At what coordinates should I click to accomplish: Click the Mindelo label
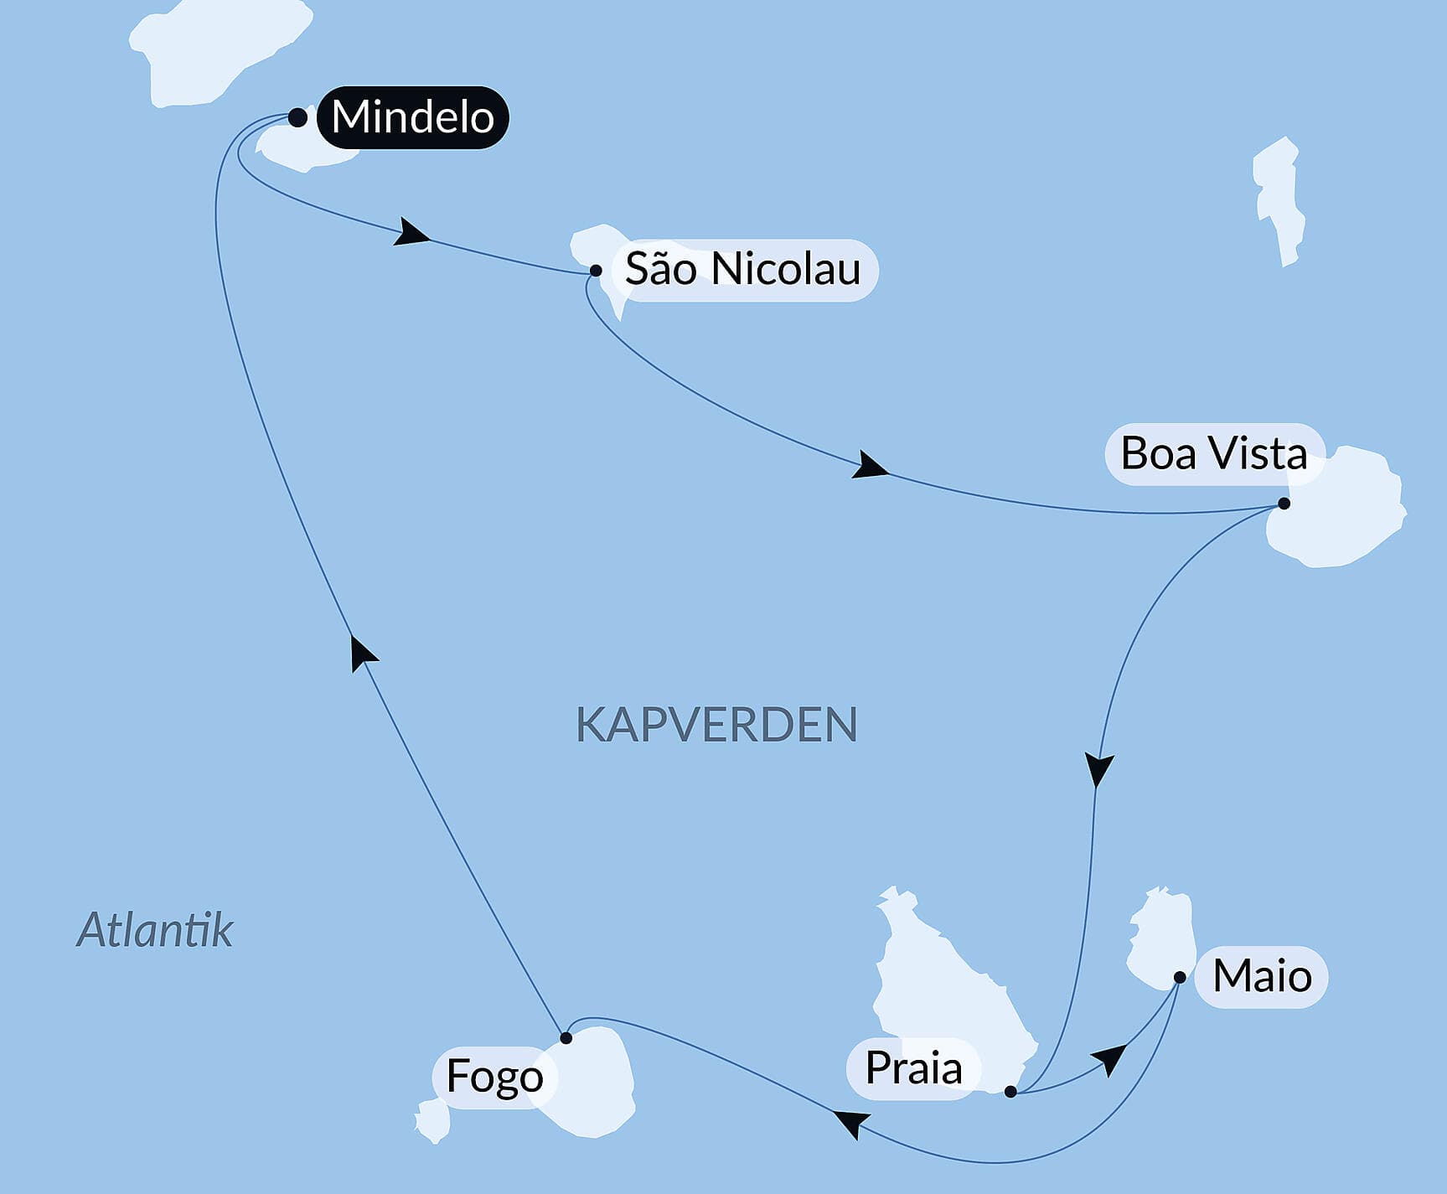point(412,117)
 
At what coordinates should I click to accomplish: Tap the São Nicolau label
point(742,270)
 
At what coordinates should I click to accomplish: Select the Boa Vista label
point(1213,454)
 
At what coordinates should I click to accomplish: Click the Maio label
point(1261,977)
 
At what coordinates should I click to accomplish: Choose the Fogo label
point(494,1077)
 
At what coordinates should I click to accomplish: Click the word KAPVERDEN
point(716,725)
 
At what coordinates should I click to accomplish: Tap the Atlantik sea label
point(155,930)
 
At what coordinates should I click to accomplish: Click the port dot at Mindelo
point(297,117)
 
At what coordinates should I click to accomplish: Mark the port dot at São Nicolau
point(596,271)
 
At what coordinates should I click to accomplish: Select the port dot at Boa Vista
point(1284,504)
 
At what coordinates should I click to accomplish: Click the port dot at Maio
point(1179,977)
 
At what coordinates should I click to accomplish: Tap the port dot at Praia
point(1010,1092)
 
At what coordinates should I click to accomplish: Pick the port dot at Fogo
point(566,1038)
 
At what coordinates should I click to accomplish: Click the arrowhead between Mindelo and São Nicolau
point(411,233)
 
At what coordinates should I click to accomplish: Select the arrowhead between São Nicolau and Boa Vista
point(870,466)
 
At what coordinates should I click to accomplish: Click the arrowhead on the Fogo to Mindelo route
point(362,652)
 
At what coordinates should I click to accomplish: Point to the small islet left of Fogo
point(433,1120)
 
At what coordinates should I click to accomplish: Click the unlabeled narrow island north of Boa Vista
point(1278,201)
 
